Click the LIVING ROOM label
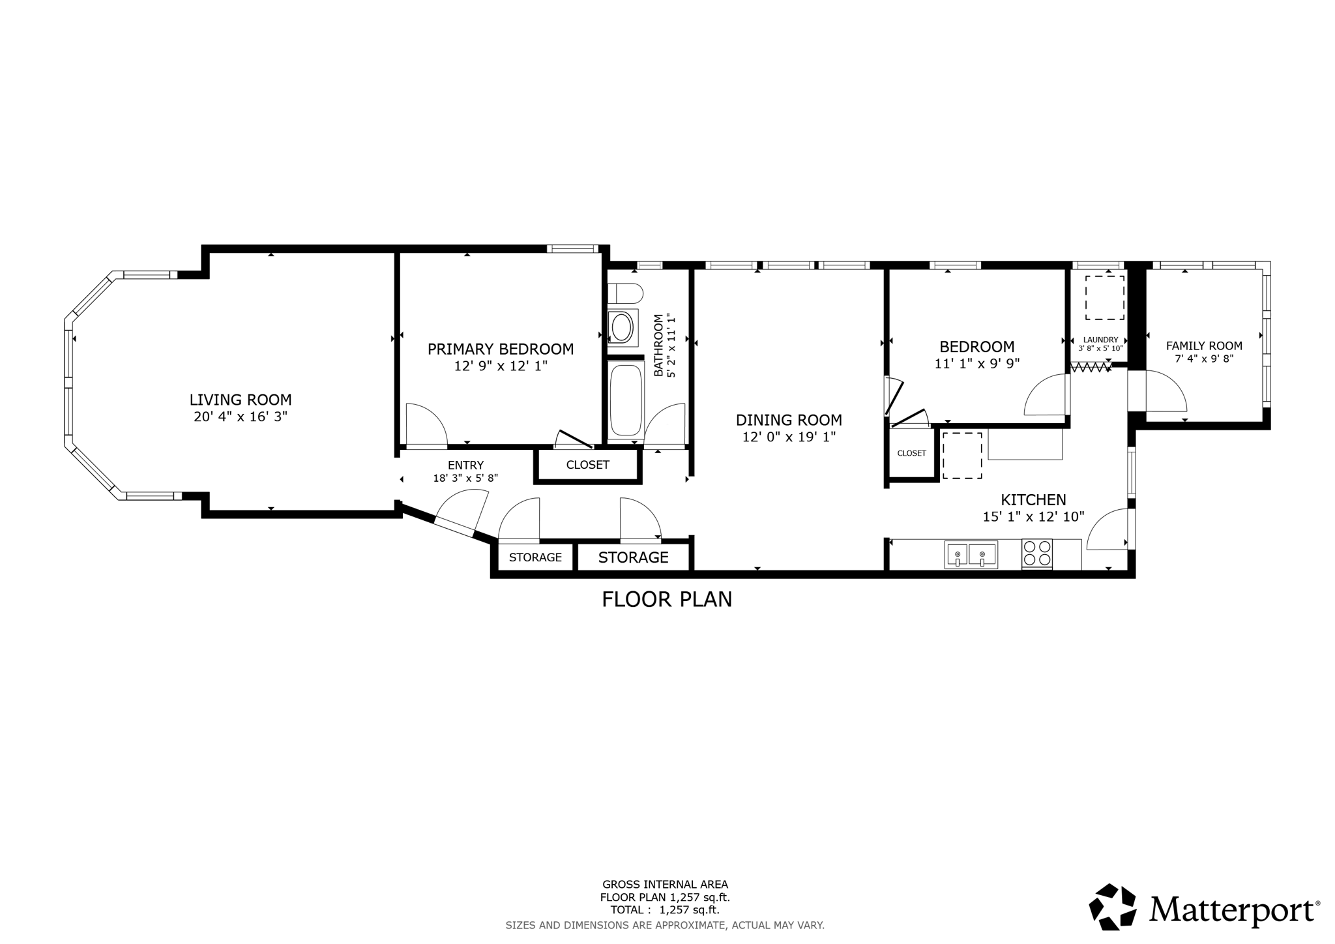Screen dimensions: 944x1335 [x=241, y=400]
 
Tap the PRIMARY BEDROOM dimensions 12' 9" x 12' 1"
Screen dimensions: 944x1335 [x=500, y=366]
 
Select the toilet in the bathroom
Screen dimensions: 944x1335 [x=624, y=294]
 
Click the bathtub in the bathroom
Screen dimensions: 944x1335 [x=626, y=399]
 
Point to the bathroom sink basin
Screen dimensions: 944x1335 [x=621, y=326]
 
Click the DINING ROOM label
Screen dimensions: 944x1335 [x=789, y=420]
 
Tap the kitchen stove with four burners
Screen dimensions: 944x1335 [x=1036, y=553]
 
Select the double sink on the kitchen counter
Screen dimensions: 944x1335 [x=971, y=554]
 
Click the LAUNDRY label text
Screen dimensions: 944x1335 [x=1100, y=340]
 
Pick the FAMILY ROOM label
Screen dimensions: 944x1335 [x=1203, y=346]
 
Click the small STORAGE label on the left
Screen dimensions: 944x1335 [x=535, y=557]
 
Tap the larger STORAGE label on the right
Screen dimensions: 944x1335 [x=633, y=557]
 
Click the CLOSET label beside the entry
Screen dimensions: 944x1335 [x=587, y=465]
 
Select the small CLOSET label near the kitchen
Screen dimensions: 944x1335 [x=911, y=453]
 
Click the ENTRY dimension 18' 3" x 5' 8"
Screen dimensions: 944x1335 [x=465, y=478]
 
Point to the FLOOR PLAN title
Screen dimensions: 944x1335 [x=666, y=599]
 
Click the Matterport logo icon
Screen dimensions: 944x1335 [x=1112, y=907]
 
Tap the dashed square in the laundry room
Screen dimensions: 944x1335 [x=1104, y=297]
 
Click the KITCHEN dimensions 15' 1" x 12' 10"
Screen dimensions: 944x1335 [x=1033, y=517]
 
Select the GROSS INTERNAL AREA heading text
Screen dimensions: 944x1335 [x=665, y=885]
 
